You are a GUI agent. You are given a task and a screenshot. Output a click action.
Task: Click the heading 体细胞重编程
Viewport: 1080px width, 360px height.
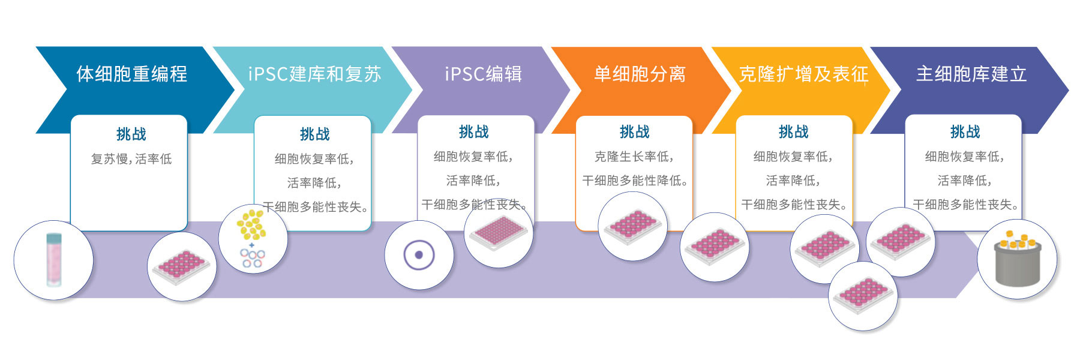point(131,74)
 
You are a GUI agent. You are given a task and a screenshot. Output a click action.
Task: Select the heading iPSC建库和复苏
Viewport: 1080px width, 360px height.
point(314,74)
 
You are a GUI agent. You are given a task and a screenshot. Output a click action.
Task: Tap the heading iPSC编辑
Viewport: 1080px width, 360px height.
point(483,74)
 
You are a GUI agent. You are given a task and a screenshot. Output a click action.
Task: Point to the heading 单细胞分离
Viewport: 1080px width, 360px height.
point(640,74)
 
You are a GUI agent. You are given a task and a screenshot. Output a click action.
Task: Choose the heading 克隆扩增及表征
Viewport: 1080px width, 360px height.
point(803,74)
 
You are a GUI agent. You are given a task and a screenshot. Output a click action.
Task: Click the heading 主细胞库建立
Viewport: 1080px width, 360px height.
point(971,74)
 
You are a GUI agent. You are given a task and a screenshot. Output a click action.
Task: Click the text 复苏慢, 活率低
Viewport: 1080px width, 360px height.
point(131,159)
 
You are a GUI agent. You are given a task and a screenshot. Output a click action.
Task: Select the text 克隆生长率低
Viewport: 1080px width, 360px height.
point(634,157)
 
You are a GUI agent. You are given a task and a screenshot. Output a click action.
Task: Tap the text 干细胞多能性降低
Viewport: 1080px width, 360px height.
point(635,181)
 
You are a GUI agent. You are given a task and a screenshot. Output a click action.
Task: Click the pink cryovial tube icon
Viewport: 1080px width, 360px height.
point(53,260)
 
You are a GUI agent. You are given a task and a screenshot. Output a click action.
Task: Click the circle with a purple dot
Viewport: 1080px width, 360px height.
point(419,255)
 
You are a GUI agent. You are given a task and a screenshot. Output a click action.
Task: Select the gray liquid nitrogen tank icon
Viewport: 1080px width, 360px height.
point(1017,260)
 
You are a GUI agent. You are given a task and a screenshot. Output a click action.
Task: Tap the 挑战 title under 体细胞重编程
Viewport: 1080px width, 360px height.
point(131,134)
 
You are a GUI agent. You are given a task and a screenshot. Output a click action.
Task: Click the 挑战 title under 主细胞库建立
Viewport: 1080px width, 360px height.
point(965,131)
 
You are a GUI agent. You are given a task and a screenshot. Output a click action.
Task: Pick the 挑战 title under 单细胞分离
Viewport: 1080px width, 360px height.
point(634,131)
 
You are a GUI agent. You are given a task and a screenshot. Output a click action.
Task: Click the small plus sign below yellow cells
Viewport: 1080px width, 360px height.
point(251,245)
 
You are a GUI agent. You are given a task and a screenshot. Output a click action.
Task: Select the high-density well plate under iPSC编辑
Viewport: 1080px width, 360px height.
point(499,233)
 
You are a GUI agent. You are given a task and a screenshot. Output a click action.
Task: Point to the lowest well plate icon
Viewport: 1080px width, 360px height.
point(863,295)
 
